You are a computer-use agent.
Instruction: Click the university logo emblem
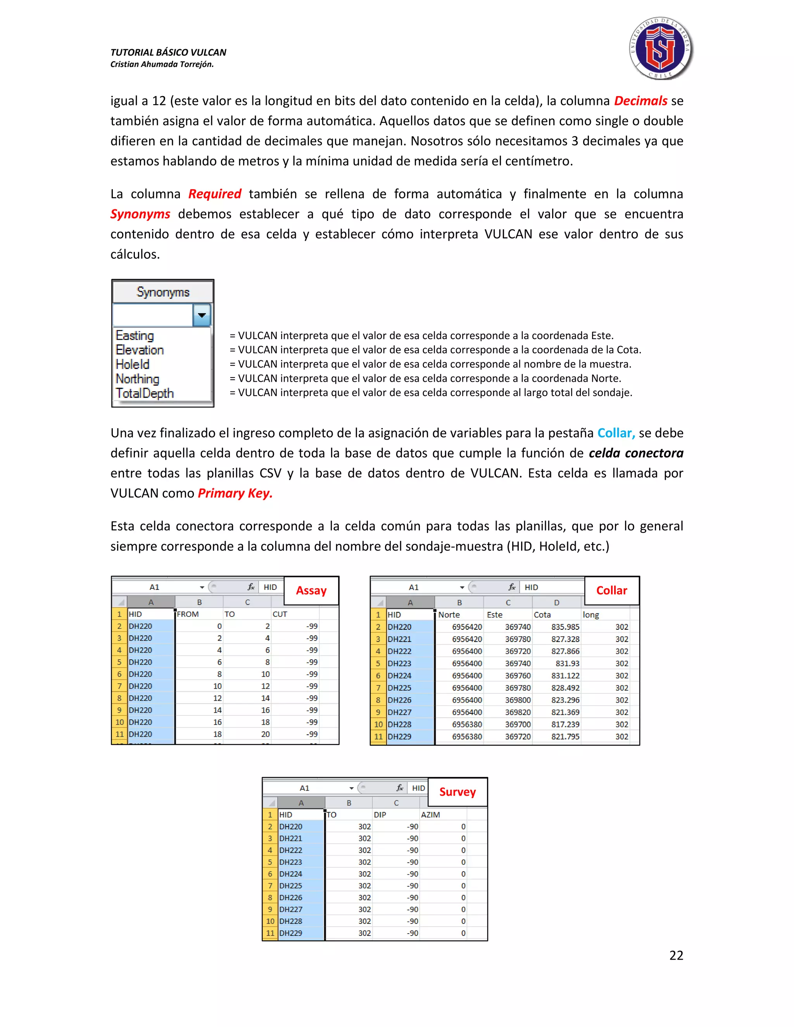coord(660,49)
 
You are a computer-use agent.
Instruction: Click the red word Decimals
coord(640,101)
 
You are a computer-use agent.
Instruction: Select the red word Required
coord(214,194)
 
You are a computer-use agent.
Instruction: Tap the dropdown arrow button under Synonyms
coord(201,315)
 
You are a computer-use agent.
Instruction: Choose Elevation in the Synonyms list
coord(140,350)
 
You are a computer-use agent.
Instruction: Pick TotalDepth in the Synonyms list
coord(145,393)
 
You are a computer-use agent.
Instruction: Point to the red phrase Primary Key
coord(235,493)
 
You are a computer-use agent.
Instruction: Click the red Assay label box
coord(311,591)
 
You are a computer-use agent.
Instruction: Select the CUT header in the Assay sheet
coord(280,614)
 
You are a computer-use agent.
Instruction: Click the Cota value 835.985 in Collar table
coord(565,627)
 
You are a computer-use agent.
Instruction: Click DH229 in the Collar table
coord(399,737)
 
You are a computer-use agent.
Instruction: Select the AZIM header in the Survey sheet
coord(430,815)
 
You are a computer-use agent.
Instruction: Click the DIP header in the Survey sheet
coord(380,815)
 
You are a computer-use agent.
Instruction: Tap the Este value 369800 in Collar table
coord(518,700)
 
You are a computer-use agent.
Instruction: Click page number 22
coord(676,955)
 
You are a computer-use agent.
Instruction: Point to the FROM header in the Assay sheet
coord(188,614)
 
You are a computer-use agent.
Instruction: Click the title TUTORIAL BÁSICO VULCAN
coord(168,52)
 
